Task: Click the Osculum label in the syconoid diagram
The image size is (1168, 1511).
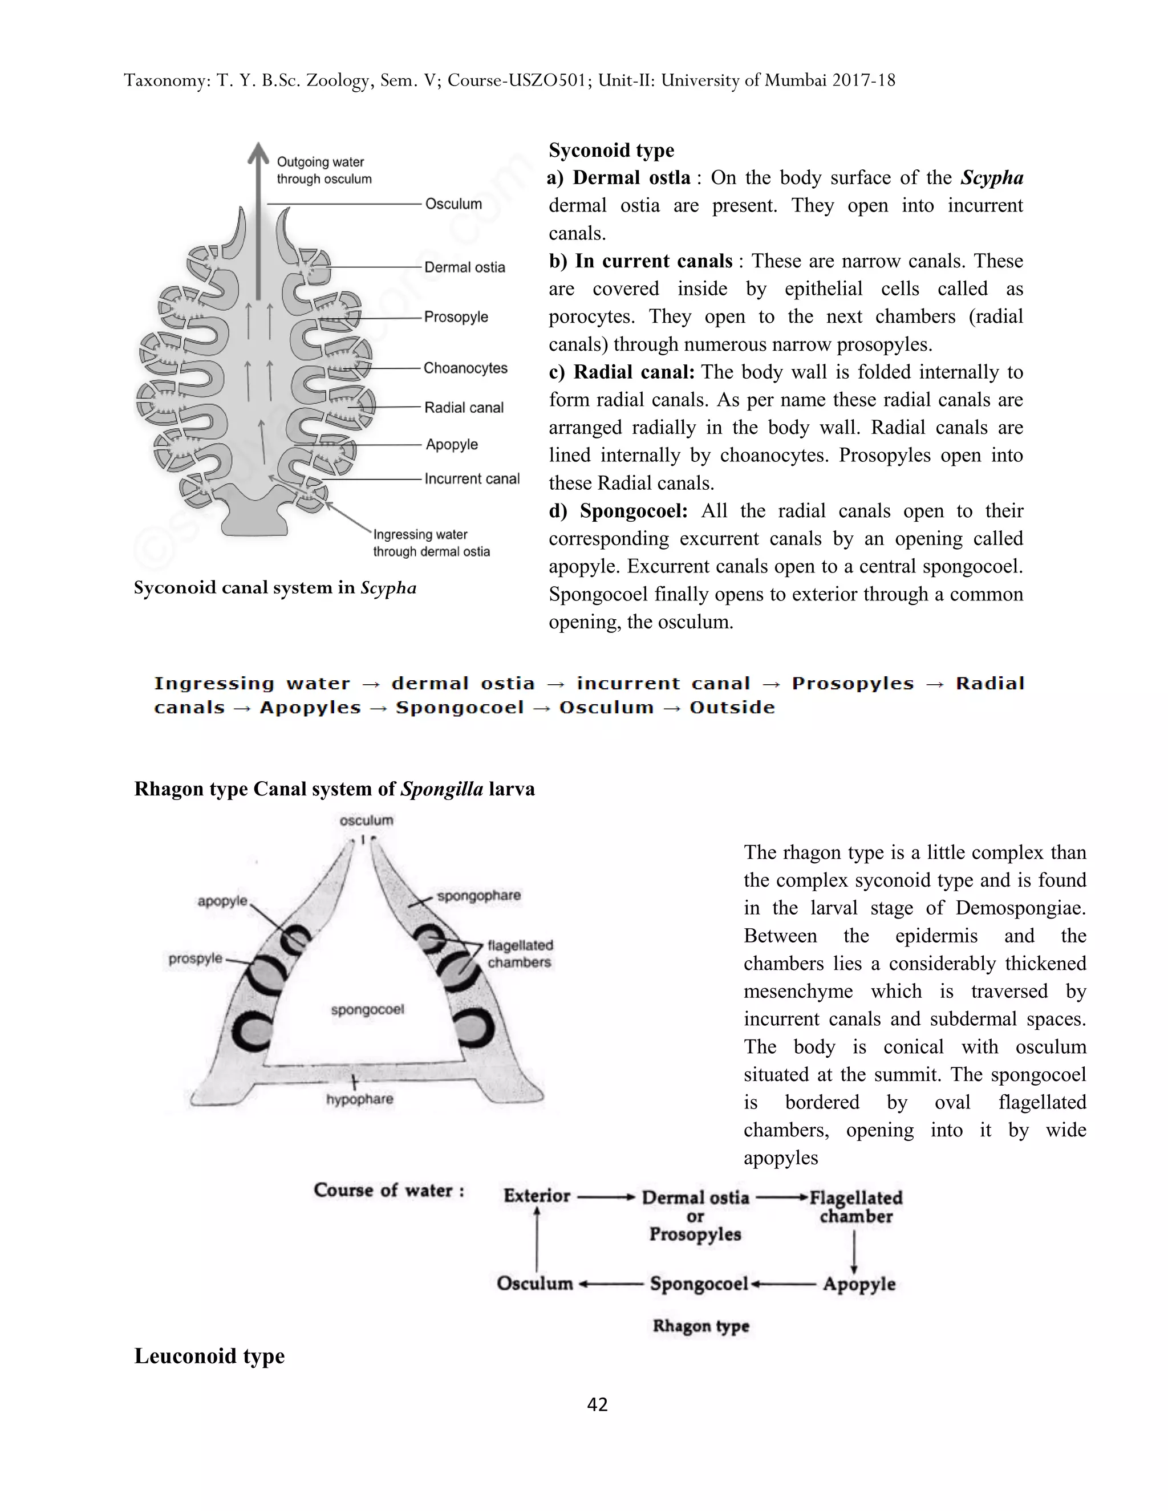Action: click(453, 204)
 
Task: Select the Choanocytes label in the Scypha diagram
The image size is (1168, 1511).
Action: click(465, 368)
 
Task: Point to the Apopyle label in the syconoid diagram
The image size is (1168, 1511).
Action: click(451, 444)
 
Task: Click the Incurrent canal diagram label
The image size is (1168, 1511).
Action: click(471, 479)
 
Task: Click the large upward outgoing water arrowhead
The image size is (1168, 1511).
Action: click(259, 153)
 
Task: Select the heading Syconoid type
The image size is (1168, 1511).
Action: click(611, 150)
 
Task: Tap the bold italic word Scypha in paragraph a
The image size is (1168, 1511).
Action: click(992, 178)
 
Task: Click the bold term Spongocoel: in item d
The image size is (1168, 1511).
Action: click(633, 510)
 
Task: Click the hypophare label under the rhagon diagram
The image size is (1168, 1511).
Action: click(359, 1099)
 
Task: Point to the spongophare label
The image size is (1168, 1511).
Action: click(479, 895)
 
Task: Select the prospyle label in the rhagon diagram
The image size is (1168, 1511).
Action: click(196, 958)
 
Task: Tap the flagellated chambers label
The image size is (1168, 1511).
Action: click(520, 953)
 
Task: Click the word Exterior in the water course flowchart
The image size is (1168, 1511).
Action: click(536, 1196)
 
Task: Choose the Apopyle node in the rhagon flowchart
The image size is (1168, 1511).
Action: click(859, 1284)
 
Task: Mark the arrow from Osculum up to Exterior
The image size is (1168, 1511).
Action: click(537, 1238)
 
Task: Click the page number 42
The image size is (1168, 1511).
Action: click(597, 1404)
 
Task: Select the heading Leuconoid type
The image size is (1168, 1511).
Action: click(209, 1356)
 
